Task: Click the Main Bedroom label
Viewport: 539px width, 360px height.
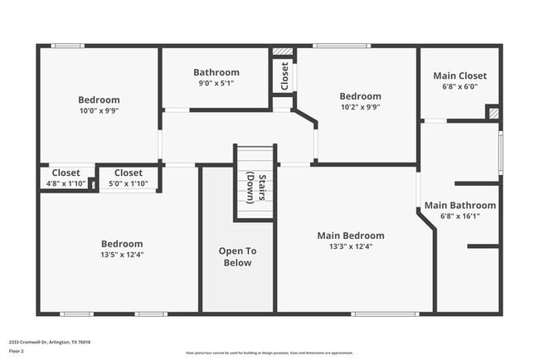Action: click(351, 236)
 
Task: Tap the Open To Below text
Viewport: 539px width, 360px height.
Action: click(237, 257)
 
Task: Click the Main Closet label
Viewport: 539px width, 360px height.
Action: click(459, 75)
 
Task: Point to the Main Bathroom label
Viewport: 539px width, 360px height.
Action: click(460, 205)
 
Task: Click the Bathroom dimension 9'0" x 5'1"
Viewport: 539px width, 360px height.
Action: click(216, 83)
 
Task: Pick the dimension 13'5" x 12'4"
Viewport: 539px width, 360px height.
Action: click(122, 255)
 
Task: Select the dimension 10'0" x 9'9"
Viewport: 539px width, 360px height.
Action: click(99, 110)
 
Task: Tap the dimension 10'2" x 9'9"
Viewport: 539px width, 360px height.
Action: click(360, 106)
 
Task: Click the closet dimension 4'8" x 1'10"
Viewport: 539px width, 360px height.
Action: click(66, 183)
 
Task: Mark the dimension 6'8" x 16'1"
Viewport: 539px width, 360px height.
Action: click(460, 216)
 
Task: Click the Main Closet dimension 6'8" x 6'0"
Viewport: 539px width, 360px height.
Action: click(459, 86)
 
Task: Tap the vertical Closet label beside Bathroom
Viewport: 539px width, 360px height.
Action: click(284, 76)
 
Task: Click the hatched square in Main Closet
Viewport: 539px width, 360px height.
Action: click(493, 113)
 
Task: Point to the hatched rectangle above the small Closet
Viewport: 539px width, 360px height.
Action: click(283, 51)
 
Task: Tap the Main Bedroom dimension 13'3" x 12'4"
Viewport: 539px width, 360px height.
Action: click(351, 246)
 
